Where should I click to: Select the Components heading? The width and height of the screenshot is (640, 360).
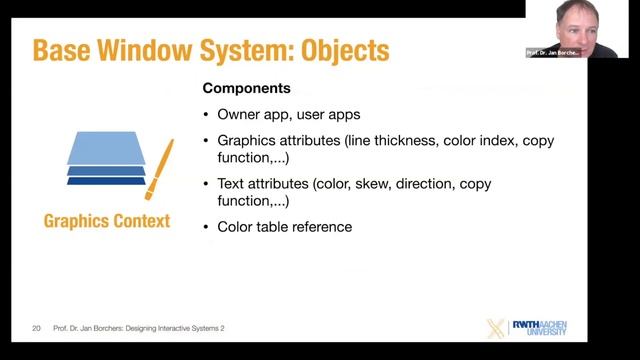click(246, 88)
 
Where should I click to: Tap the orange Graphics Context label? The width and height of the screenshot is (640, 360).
click(107, 221)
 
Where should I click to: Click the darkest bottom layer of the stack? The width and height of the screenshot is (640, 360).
click(106, 181)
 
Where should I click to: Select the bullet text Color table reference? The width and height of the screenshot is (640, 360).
click(284, 227)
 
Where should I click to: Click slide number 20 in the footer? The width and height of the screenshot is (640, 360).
click(36, 327)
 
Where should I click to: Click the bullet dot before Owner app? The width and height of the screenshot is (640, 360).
click(207, 114)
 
